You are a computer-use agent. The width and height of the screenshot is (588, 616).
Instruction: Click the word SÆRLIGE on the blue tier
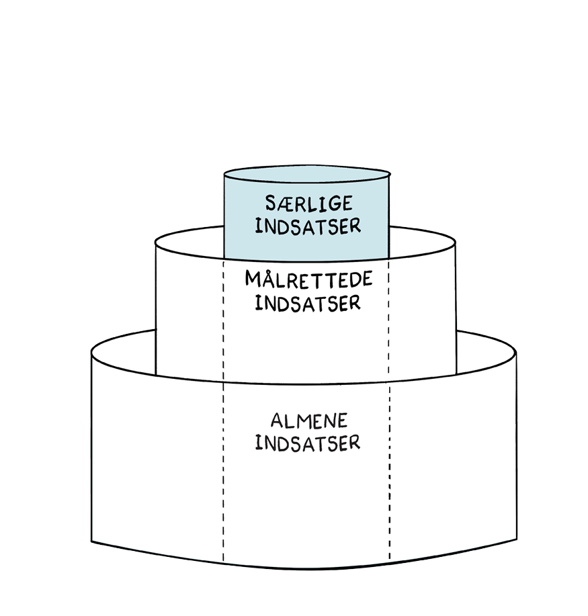point(308,204)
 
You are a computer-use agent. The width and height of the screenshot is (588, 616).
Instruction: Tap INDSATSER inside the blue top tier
point(308,225)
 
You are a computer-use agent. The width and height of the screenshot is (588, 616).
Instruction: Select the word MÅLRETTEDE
point(308,279)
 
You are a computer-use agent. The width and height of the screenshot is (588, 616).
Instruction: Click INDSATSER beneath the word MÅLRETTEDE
point(308,302)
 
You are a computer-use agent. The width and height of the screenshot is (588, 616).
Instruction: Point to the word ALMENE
point(309,421)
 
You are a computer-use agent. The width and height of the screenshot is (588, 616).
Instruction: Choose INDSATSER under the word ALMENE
point(308,443)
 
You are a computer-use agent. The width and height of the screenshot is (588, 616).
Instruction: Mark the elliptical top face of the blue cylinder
point(306,175)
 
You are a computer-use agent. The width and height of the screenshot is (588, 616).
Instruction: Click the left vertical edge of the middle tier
point(156,309)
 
